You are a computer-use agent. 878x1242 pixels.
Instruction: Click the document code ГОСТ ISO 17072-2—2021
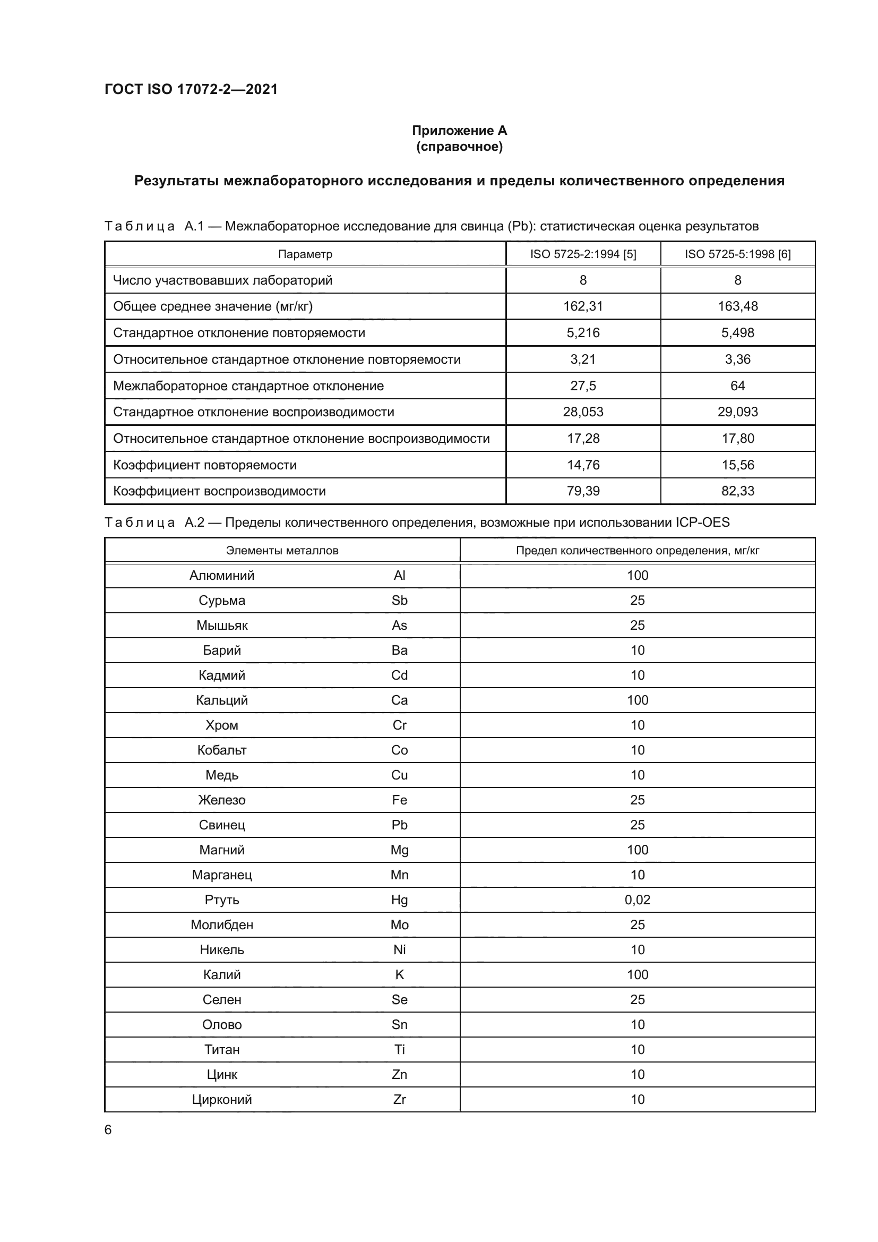(191, 89)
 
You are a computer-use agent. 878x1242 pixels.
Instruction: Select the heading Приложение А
(459, 131)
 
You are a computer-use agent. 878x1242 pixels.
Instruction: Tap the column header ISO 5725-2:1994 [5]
(583, 254)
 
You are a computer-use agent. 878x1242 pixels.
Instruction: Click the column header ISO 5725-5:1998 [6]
(737, 254)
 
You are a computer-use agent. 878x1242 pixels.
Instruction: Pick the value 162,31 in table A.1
(583, 306)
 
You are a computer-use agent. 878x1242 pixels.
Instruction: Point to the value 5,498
(737, 333)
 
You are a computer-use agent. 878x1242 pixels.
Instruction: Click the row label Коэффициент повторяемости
(205, 465)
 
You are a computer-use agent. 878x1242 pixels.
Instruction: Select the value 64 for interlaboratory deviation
(737, 386)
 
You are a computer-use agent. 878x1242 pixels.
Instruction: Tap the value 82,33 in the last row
(737, 491)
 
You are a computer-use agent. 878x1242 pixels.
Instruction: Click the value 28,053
(583, 412)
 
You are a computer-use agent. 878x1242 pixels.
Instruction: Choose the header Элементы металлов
(282, 551)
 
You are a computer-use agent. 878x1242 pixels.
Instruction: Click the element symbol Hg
(399, 900)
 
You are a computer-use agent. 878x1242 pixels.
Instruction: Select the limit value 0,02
(638, 900)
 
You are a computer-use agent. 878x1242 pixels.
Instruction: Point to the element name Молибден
(222, 924)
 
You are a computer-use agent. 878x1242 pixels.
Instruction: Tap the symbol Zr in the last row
(399, 1099)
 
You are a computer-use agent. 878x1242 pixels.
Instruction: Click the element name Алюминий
(222, 575)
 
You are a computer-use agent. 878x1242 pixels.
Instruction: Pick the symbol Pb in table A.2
(399, 825)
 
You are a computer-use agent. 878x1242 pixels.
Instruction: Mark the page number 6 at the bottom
(108, 1130)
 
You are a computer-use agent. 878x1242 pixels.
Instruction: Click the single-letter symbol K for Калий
(399, 974)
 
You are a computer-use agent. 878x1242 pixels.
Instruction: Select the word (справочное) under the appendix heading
(459, 147)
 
